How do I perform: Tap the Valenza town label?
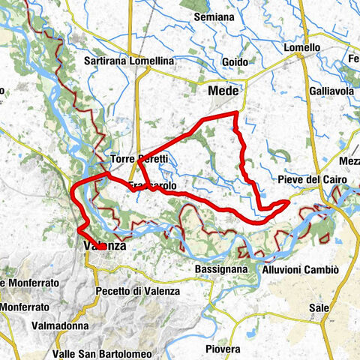tap(103, 245)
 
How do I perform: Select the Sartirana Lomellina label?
tap(129, 61)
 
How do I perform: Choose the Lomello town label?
tap(302, 47)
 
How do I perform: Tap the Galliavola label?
tap(331, 91)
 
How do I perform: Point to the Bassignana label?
tap(221, 268)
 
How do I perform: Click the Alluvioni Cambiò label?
tap(301, 269)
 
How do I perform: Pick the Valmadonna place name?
tap(60, 325)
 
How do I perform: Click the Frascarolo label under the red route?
tap(152, 184)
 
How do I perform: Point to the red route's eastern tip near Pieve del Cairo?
tap(289, 202)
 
